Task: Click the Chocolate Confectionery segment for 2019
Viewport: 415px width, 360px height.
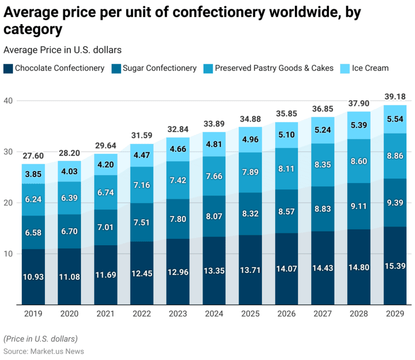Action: click(33, 277)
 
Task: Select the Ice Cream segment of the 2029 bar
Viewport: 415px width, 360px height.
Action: click(395, 119)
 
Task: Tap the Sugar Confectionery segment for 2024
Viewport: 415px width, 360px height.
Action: click(214, 216)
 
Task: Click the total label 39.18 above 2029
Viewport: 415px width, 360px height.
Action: click(395, 96)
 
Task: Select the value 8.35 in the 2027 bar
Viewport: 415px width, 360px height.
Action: click(323, 165)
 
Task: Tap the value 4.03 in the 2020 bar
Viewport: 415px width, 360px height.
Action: click(69, 172)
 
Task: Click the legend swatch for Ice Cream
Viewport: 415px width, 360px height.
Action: click(344, 68)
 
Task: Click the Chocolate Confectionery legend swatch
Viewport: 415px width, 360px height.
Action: click(8, 68)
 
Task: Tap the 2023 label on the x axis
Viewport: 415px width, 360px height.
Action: click(178, 314)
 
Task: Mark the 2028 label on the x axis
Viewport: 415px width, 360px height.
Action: click(359, 314)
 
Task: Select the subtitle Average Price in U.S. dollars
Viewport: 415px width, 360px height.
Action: click(62, 50)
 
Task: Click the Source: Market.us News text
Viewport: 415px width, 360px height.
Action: click(44, 351)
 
